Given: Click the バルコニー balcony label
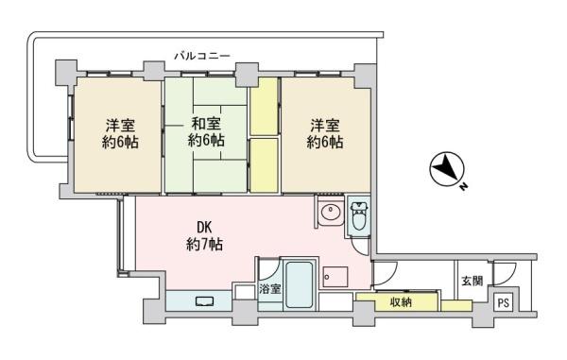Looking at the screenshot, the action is (x=202, y=56).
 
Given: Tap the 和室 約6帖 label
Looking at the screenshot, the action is (x=206, y=132).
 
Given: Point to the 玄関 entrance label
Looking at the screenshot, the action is (x=472, y=281).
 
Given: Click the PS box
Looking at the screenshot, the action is (x=504, y=302).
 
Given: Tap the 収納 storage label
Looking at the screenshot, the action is (x=401, y=302).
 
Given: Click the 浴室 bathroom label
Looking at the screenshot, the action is (x=269, y=289).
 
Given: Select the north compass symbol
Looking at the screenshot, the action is (x=447, y=169).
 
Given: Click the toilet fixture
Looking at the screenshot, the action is (x=359, y=216).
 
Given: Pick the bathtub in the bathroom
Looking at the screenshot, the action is (x=299, y=284).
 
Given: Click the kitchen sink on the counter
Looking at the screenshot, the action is (x=205, y=301).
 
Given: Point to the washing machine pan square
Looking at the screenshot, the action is (x=335, y=277).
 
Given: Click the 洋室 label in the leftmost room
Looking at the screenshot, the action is (x=120, y=126).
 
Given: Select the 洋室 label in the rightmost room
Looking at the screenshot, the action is (x=325, y=126).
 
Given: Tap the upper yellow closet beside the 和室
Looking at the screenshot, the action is (x=265, y=106).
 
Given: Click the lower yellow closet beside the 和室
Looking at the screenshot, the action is (x=265, y=165).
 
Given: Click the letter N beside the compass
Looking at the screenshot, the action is (x=463, y=187).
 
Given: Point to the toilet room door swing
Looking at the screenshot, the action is (x=361, y=247).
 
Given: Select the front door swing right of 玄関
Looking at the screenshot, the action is (x=506, y=273).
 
